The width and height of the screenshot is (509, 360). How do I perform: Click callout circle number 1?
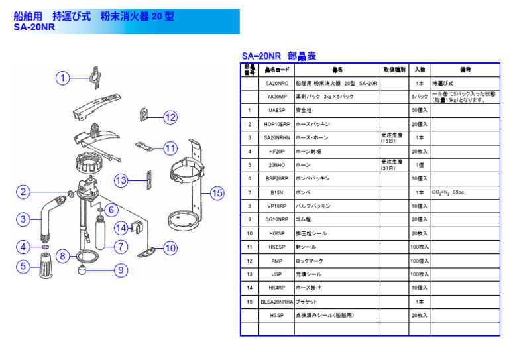coord(62,78)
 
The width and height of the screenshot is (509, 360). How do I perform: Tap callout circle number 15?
coord(217,193)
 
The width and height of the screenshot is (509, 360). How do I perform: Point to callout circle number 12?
coord(170,117)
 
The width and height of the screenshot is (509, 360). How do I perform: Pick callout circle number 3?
coord(23,219)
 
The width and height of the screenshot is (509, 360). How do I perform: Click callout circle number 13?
coord(121,180)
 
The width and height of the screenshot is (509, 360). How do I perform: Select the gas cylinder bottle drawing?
coord(102,231)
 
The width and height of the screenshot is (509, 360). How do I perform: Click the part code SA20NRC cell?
coord(276,84)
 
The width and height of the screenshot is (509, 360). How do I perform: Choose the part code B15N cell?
coord(276,192)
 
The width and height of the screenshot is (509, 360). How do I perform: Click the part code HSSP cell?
coord(276,316)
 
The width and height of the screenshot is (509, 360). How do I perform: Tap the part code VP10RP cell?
coord(276,206)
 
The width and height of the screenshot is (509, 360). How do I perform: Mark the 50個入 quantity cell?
coord(420,111)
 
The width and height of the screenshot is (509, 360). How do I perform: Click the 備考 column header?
coord(465,69)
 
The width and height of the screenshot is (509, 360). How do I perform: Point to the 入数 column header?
coord(420,69)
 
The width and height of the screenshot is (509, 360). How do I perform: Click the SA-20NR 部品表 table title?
coord(278,56)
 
